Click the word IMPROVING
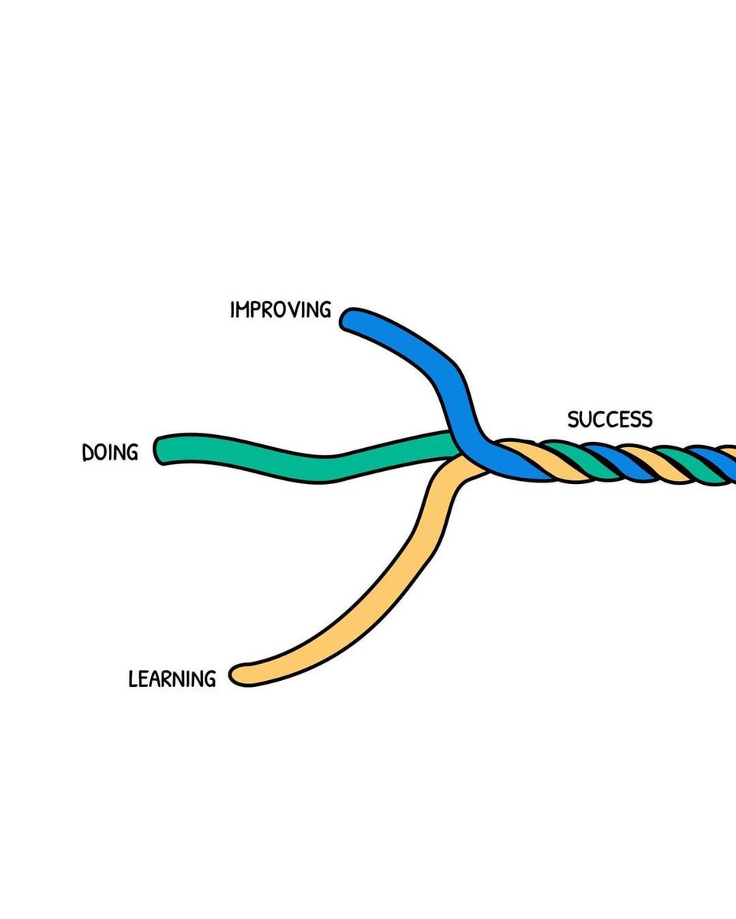(281, 310)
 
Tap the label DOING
(110, 453)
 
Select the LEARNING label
(172, 679)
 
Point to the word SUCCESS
(609, 420)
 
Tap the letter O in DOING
(102, 453)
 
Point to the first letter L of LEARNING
(133, 679)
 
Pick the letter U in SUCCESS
(586, 420)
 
